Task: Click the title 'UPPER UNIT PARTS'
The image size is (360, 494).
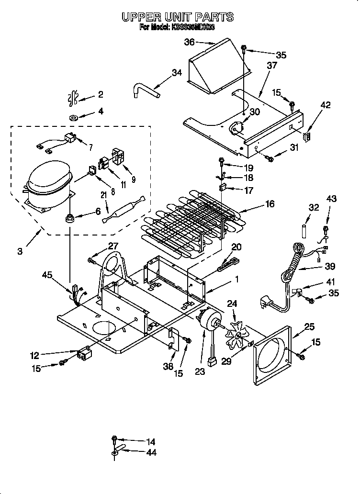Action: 177,17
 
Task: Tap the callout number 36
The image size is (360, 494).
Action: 190,43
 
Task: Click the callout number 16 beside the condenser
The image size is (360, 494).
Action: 270,204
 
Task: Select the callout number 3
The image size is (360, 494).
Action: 19,250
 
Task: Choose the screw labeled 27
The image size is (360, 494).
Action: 91,260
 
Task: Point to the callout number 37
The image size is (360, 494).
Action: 272,65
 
